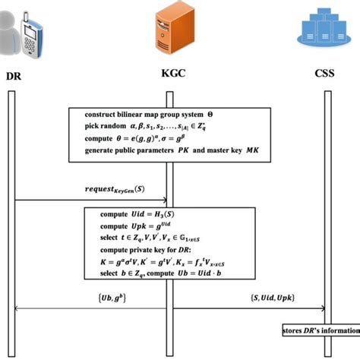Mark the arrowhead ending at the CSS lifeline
324,309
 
